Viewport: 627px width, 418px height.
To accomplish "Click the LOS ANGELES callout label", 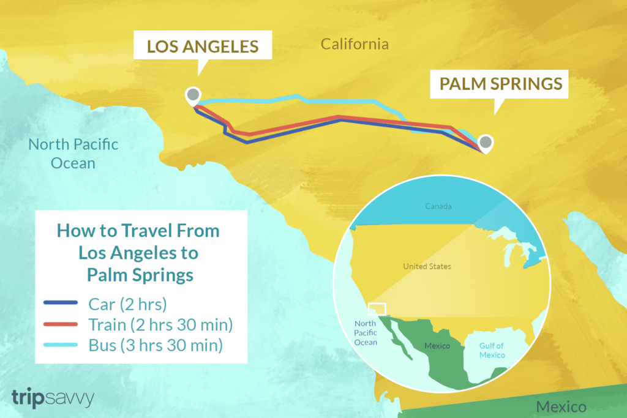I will coord(202,46).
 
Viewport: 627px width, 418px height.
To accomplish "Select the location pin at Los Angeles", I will coord(192,95).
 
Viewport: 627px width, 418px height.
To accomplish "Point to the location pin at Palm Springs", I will coord(485,143).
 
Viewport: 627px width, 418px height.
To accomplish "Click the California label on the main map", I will coord(355,44).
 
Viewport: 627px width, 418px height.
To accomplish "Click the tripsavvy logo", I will coord(52,398).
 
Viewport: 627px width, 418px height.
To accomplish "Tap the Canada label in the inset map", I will coord(438,206).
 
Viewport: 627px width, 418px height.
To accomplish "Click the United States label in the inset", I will coord(427,266).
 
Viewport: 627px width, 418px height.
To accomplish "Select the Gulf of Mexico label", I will coord(492,351).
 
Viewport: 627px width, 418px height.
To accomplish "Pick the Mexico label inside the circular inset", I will coord(437,346).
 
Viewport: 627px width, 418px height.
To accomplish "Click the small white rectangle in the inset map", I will coord(377,308).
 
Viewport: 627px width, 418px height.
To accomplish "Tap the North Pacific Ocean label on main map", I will coord(73,154).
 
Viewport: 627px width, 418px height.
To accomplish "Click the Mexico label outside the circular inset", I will coord(561,407).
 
